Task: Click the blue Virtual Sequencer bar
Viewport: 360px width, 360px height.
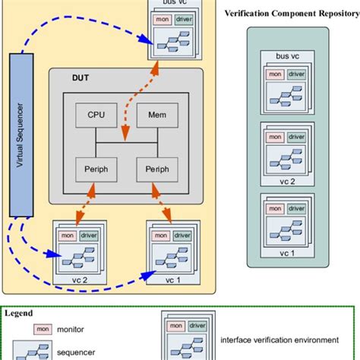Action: click(22, 134)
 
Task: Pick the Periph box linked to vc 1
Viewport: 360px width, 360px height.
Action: click(151, 169)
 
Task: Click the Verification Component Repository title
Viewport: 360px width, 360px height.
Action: click(291, 14)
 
